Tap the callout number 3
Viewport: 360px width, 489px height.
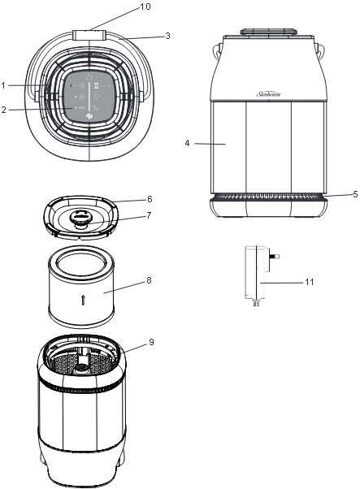(167, 36)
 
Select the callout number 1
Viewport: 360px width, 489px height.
(4, 84)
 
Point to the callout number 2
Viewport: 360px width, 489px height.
(4, 109)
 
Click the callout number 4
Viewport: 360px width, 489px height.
(188, 143)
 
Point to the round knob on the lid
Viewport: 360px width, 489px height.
(81, 216)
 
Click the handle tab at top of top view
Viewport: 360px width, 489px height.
(90, 35)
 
